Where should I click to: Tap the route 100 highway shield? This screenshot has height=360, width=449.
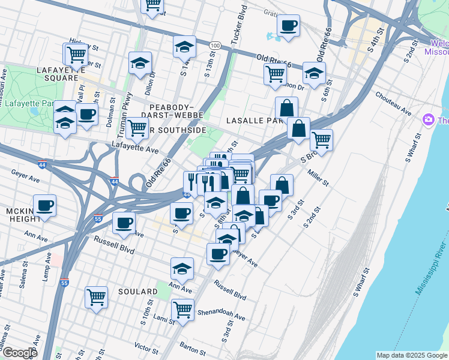[214, 46]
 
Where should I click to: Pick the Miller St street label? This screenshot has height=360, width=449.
[318, 178]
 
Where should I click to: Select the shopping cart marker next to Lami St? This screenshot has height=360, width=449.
[182, 310]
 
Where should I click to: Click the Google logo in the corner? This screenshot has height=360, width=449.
[19, 353]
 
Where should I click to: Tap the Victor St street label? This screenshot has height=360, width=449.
[146, 347]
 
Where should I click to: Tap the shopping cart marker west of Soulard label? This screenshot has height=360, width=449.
[96, 297]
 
